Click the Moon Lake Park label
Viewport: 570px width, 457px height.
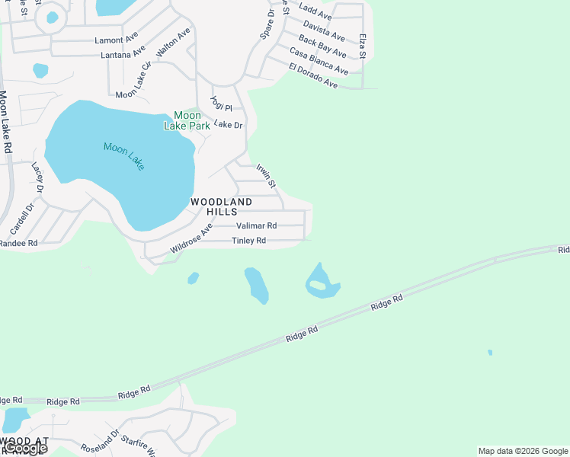tap(187, 120)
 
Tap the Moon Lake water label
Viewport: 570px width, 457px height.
tap(123, 156)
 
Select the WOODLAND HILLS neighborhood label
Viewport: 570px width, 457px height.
tap(221, 206)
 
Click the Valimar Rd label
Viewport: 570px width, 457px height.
tap(256, 225)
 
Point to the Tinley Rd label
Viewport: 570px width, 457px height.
tap(248, 241)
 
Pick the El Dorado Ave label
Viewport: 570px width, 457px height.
tap(313, 76)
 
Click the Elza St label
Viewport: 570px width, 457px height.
tap(363, 46)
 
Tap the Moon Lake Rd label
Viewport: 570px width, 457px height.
tap(5, 122)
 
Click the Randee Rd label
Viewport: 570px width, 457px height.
tap(18, 244)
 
